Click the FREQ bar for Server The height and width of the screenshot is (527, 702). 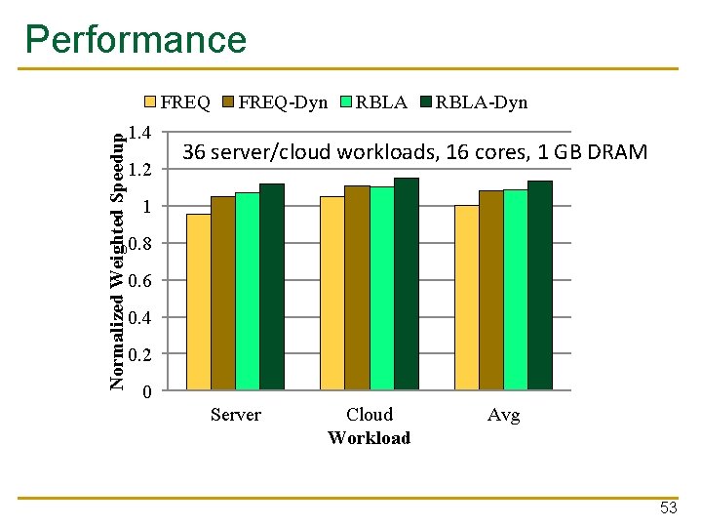point(198,302)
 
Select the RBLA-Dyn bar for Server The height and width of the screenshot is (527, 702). point(272,287)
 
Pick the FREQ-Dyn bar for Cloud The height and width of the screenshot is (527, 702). point(357,288)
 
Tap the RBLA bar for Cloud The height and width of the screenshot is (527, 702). point(381,288)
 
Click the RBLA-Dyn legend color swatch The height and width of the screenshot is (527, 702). point(425,101)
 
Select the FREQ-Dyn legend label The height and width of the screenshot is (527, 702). point(283,101)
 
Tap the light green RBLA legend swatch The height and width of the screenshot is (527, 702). point(346,101)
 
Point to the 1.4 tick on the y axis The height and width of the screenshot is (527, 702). point(140,134)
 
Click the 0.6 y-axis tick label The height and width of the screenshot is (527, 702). point(140,281)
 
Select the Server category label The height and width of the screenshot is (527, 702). point(236,415)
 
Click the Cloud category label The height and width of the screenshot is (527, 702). point(370,415)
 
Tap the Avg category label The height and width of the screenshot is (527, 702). point(503,415)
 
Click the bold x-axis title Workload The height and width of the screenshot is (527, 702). point(370,438)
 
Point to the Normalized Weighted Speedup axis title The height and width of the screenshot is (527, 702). point(117,261)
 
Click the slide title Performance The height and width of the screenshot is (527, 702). point(136,40)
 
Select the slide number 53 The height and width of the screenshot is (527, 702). point(669,507)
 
